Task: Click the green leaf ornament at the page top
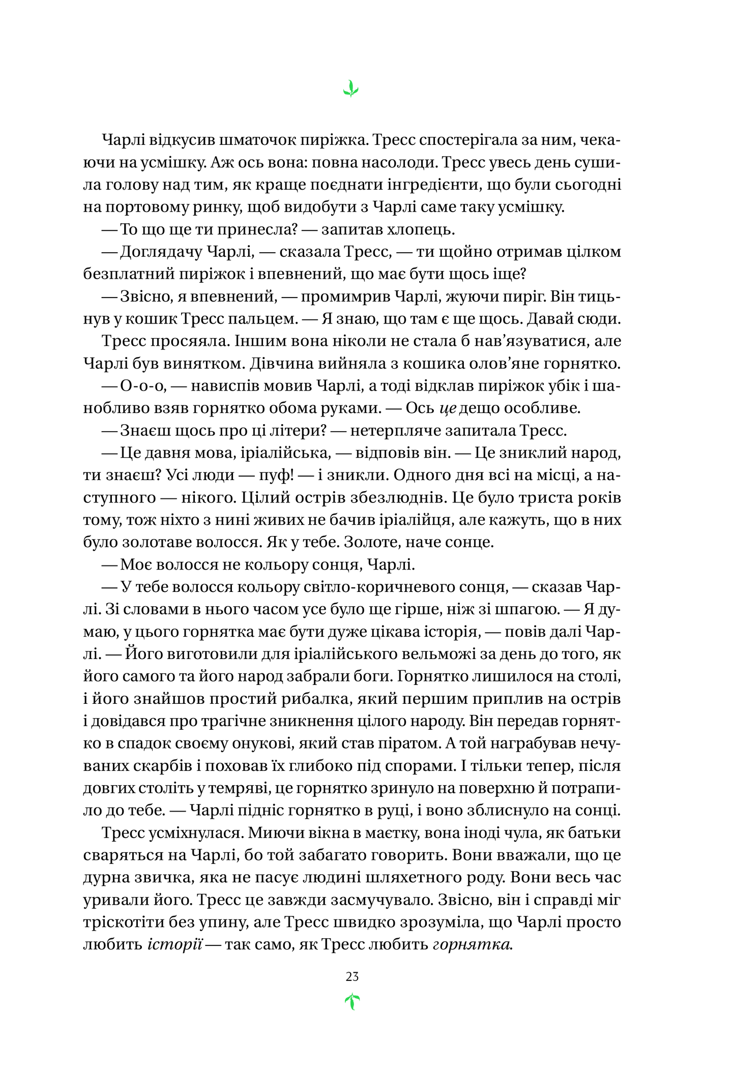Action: (x=351, y=89)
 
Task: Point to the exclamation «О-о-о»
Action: (x=144, y=386)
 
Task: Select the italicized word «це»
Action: (x=447, y=408)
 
